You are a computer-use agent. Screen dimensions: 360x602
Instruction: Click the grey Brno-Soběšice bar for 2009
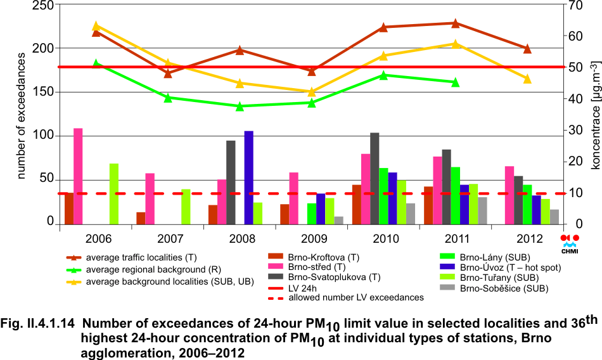(x=338, y=220)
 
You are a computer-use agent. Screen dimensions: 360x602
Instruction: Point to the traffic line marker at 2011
(x=455, y=23)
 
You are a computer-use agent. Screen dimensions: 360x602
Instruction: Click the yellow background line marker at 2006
(x=96, y=26)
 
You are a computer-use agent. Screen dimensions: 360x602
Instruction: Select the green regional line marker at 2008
(x=240, y=106)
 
